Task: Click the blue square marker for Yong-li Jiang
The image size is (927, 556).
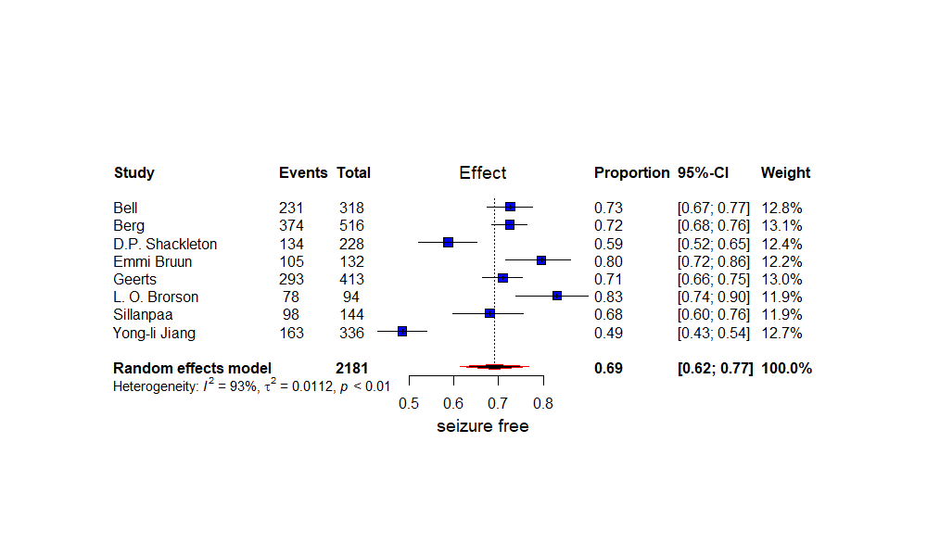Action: (x=402, y=331)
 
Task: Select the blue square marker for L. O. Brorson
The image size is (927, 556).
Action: (x=557, y=296)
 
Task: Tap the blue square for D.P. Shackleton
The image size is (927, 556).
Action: (x=448, y=242)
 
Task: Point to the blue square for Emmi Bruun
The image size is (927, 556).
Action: (x=541, y=260)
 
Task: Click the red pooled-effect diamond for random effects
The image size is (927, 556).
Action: (x=495, y=367)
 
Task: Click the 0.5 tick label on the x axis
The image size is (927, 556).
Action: (x=409, y=403)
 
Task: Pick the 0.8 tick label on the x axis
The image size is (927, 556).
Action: (x=543, y=403)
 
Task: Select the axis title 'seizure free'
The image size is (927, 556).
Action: (x=482, y=426)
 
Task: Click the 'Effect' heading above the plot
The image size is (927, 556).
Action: (x=483, y=173)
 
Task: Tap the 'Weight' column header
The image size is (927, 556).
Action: (x=785, y=173)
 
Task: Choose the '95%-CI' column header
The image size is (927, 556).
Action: (x=709, y=173)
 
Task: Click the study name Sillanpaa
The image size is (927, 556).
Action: (x=143, y=315)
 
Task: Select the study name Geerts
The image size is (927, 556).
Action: (x=135, y=279)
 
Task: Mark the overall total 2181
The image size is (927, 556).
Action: (x=352, y=369)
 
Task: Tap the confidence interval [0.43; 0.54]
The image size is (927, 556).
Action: (x=714, y=333)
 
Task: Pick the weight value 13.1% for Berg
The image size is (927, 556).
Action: (x=782, y=226)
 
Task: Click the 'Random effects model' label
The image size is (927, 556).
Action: (x=192, y=369)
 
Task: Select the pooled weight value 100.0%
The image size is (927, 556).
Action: (x=786, y=369)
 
